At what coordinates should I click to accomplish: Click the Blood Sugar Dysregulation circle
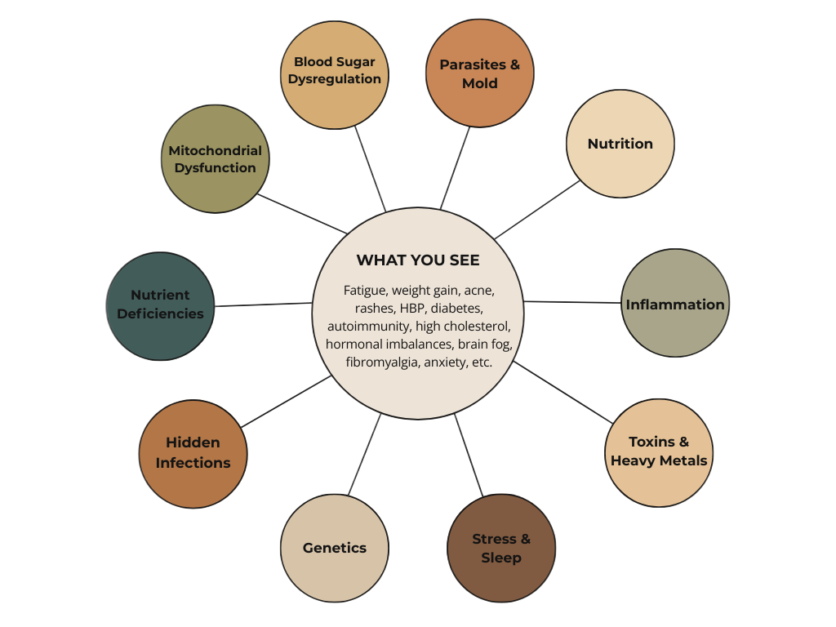tap(334, 74)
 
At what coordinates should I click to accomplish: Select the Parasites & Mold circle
tap(479, 73)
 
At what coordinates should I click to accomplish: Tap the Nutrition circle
tap(620, 144)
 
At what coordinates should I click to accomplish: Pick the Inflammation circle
tap(674, 304)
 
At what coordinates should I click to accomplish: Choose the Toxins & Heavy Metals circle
tap(659, 452)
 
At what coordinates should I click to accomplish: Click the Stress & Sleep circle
tap(501, 548)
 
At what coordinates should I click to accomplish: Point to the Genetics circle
tap(334, 548)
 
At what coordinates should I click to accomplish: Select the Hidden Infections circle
tap(193, 453)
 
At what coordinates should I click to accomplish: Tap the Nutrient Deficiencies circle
tap(160, 305)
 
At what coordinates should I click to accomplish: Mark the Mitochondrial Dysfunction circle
tap(215, 159)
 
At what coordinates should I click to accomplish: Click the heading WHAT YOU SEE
tap(418, 260)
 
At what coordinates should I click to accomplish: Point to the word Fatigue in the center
tap(364, 290)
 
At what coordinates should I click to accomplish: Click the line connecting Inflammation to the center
tap(571, 302)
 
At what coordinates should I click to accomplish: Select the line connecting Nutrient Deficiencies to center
tap(264, 305)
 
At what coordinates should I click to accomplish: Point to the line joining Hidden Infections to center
tap(286, 401)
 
